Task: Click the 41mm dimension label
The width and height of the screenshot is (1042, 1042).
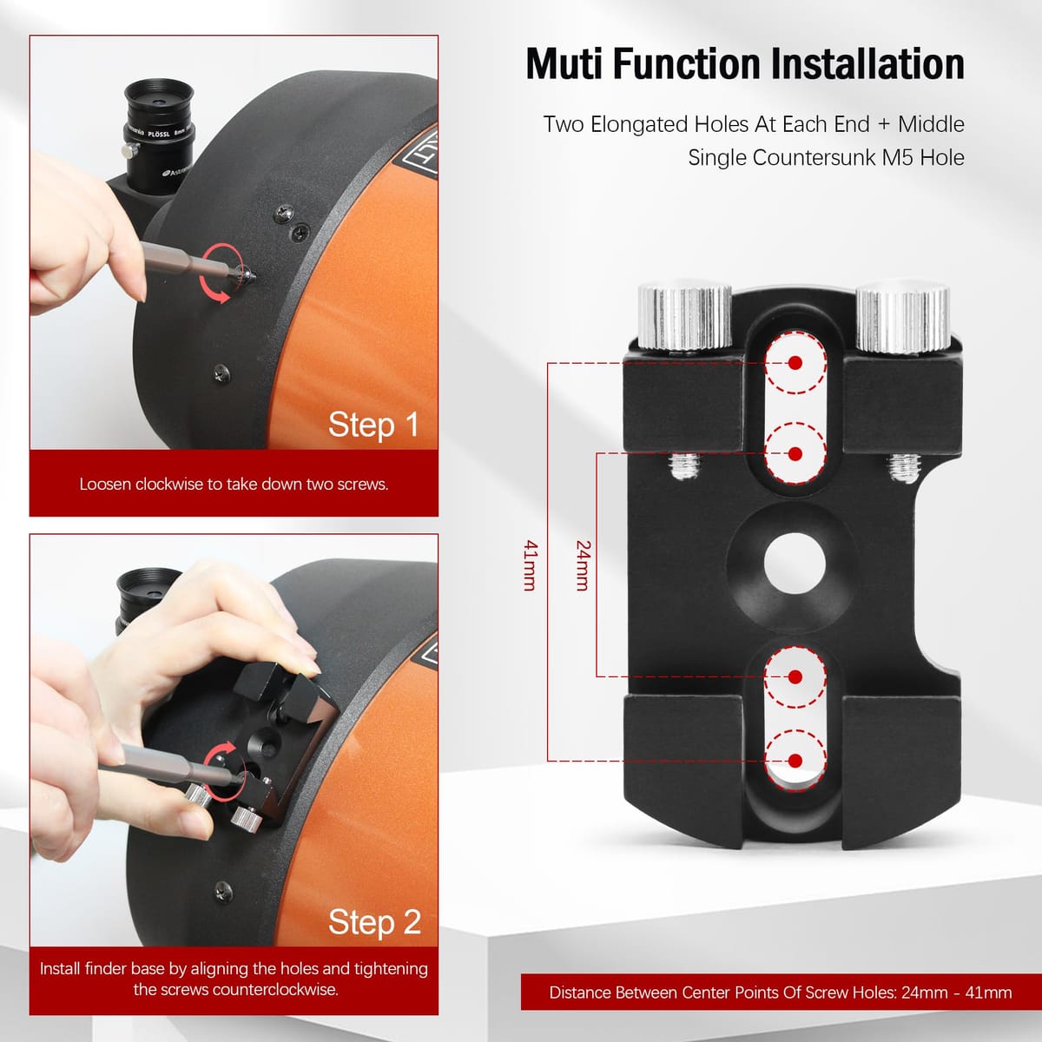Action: [531, 565]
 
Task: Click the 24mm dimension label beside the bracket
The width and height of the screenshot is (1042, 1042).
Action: [583, 565]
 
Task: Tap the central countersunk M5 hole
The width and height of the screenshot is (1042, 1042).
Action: [795, 564]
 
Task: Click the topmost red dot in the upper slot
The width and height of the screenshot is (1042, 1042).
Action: [795, 363]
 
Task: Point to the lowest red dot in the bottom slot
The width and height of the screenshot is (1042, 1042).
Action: [795, 761]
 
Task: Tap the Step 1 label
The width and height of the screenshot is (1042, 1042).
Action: [373, 425]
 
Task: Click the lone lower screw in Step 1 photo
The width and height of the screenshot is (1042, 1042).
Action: [221, 373]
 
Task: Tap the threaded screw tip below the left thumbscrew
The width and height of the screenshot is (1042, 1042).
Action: [684, 466]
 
